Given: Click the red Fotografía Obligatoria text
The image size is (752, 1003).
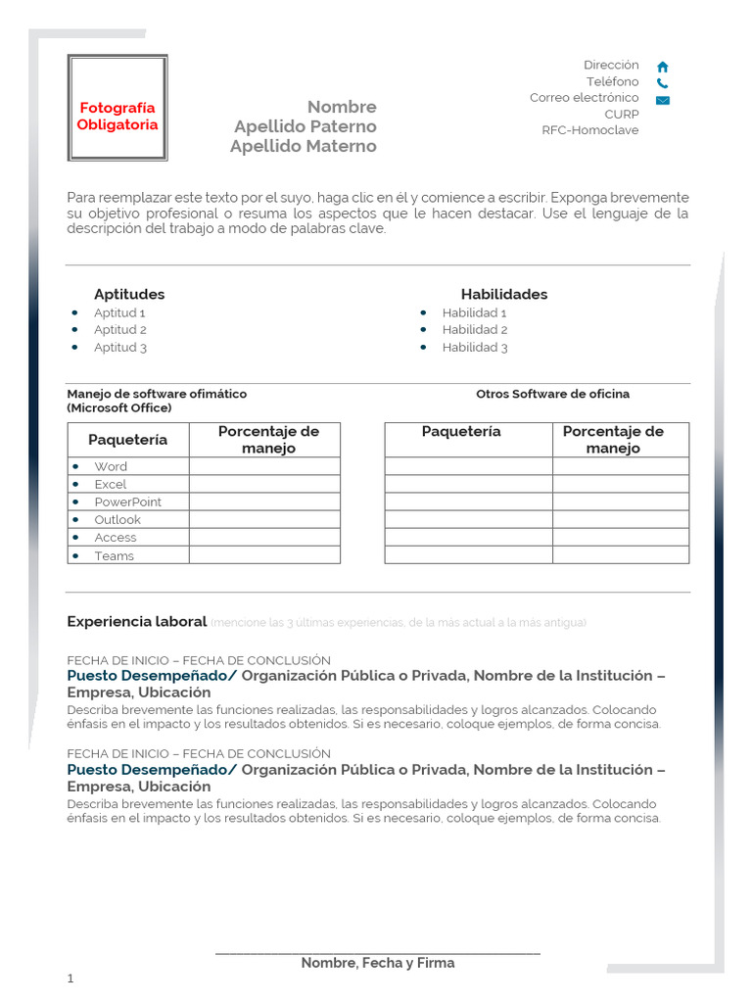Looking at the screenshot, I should click(x=117, y=117).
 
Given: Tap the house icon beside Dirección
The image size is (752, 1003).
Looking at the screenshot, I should click(x=663, y=67).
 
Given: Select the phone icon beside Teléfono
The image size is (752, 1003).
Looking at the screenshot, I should click(x=663, y=83).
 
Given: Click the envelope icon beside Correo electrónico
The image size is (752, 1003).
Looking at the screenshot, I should click(x=663, y=100).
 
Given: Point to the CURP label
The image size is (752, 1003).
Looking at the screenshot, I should click(x=621, y=115).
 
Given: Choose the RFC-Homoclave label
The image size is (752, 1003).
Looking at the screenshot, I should click(x=589, y=130).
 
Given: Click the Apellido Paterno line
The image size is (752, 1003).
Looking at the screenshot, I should click(x=305, y=126).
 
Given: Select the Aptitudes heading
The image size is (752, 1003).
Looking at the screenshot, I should click(x=129, y=294).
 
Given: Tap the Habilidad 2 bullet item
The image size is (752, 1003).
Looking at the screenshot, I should click(x=474, y=330).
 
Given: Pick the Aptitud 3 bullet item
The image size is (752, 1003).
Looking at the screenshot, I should click(x=119, y=348).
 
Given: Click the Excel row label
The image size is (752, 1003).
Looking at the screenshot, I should click(x=111, y=485).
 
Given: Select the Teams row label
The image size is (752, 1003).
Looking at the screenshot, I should click(x=114, y=556).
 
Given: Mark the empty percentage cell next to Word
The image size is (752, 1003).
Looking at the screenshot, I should click(x=264, y=466).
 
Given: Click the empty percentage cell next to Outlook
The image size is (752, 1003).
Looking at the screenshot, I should click(x=264, y=520).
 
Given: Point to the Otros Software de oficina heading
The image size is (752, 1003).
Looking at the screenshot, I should click(x=552, y=394).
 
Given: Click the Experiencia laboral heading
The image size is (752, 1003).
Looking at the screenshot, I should click(x=136, y=621).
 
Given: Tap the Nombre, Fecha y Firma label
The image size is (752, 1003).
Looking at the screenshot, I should click(x=377, y=963).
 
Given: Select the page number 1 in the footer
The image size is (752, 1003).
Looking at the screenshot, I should click(x=70, y=979).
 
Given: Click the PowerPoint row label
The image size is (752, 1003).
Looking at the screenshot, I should click(x=127, y=502).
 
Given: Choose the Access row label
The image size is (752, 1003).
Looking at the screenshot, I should click(x=116, y=538).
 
